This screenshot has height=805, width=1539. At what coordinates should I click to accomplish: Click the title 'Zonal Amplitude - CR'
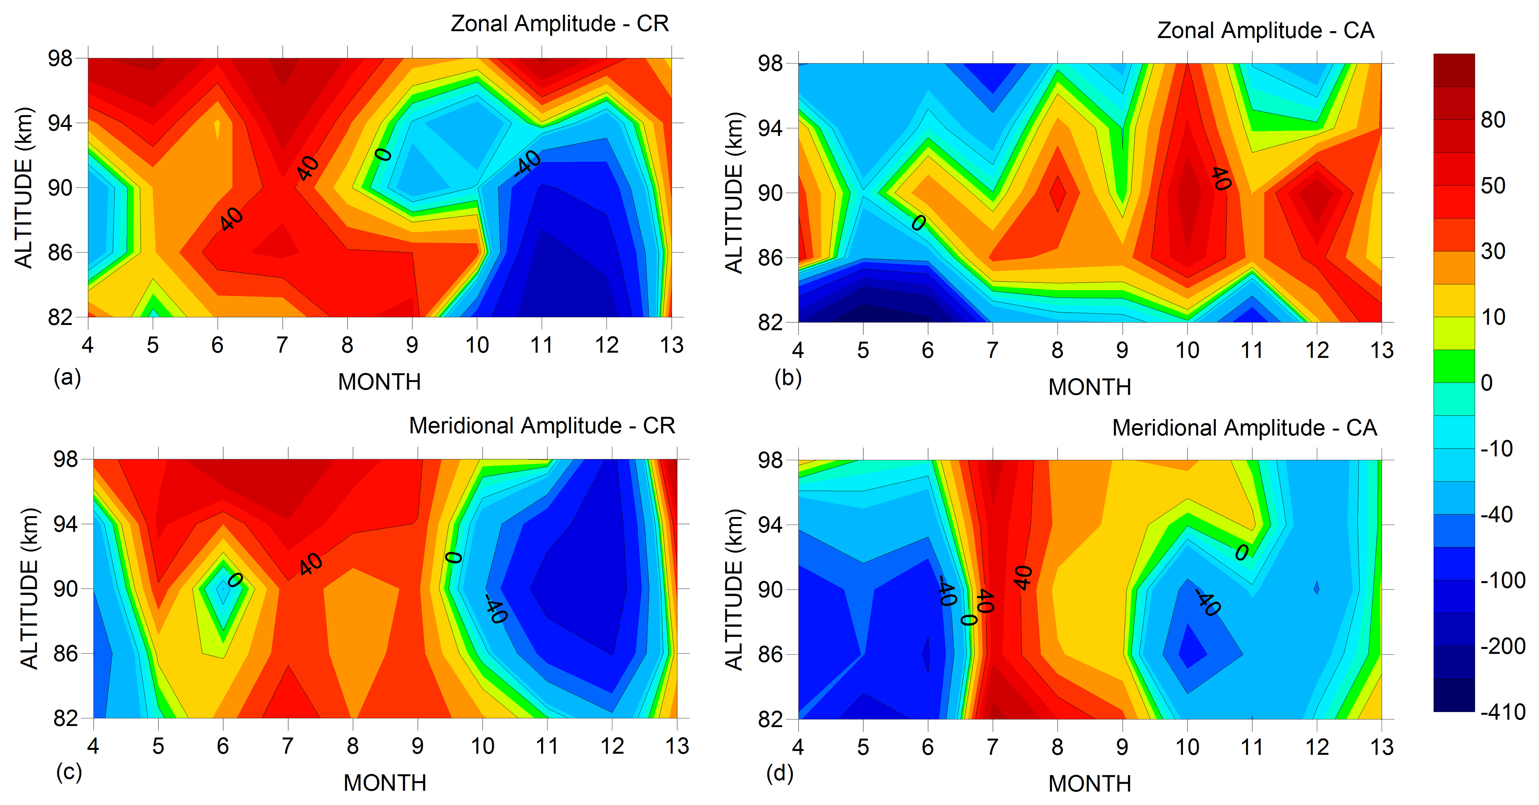pos(559,24)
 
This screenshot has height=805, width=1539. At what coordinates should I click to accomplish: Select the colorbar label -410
pos(1502,712)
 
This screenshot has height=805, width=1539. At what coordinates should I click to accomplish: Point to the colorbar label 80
pos(1493,120)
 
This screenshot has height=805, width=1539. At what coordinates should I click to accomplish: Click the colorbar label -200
pos(1502,646)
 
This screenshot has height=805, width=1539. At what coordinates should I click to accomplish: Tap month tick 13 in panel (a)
pos(672,345)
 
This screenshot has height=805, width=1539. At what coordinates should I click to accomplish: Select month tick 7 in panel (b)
pos(992,351)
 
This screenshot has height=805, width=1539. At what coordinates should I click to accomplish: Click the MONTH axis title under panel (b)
pos(1090,388)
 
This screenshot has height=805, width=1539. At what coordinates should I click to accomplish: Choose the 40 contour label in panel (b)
pos(1221,178)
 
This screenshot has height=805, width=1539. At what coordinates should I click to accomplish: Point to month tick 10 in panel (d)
pos(1187,747)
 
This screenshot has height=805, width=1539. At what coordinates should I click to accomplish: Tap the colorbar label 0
pos(1486,383)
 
